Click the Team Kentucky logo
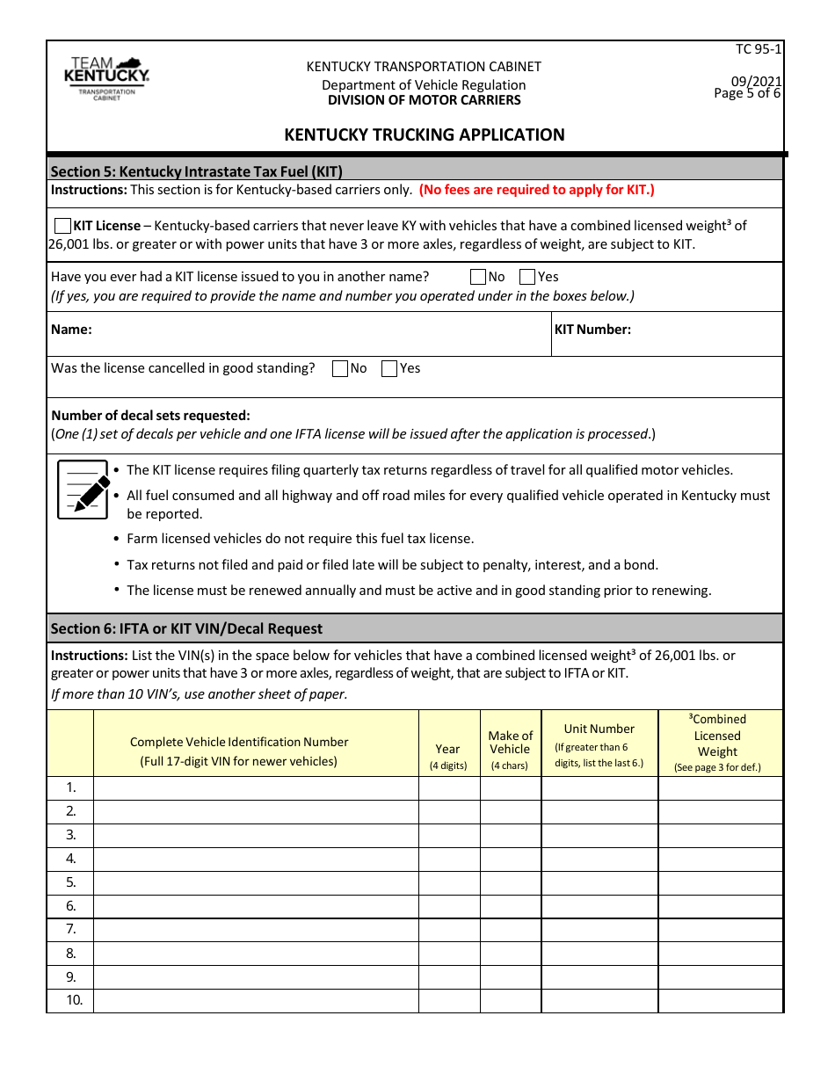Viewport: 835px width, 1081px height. tap(106, 77)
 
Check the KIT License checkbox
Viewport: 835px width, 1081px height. tap(62, 226)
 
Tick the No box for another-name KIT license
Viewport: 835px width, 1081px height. tap(478, 277)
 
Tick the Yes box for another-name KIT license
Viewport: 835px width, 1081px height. tap(527, 277)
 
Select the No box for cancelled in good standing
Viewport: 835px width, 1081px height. tap(340, 369)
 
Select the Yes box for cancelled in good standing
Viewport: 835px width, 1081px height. tap(389, 369)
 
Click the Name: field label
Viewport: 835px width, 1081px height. tap(72, 330)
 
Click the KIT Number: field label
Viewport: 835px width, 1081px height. tap(592, 330)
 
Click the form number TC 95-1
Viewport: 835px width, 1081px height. tap(758, 49)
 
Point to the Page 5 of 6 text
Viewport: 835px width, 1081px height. tap(747, 93)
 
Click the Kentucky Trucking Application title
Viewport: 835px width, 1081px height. tap(424, 134)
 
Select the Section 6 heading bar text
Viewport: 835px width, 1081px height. tap(186, 628)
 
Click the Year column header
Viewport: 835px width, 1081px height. tap(447, 749)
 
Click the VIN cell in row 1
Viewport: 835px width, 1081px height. tap(256, 787)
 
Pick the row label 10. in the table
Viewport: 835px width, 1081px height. tap(74, 1000)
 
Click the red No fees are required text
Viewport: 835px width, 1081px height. tap(536, 189)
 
